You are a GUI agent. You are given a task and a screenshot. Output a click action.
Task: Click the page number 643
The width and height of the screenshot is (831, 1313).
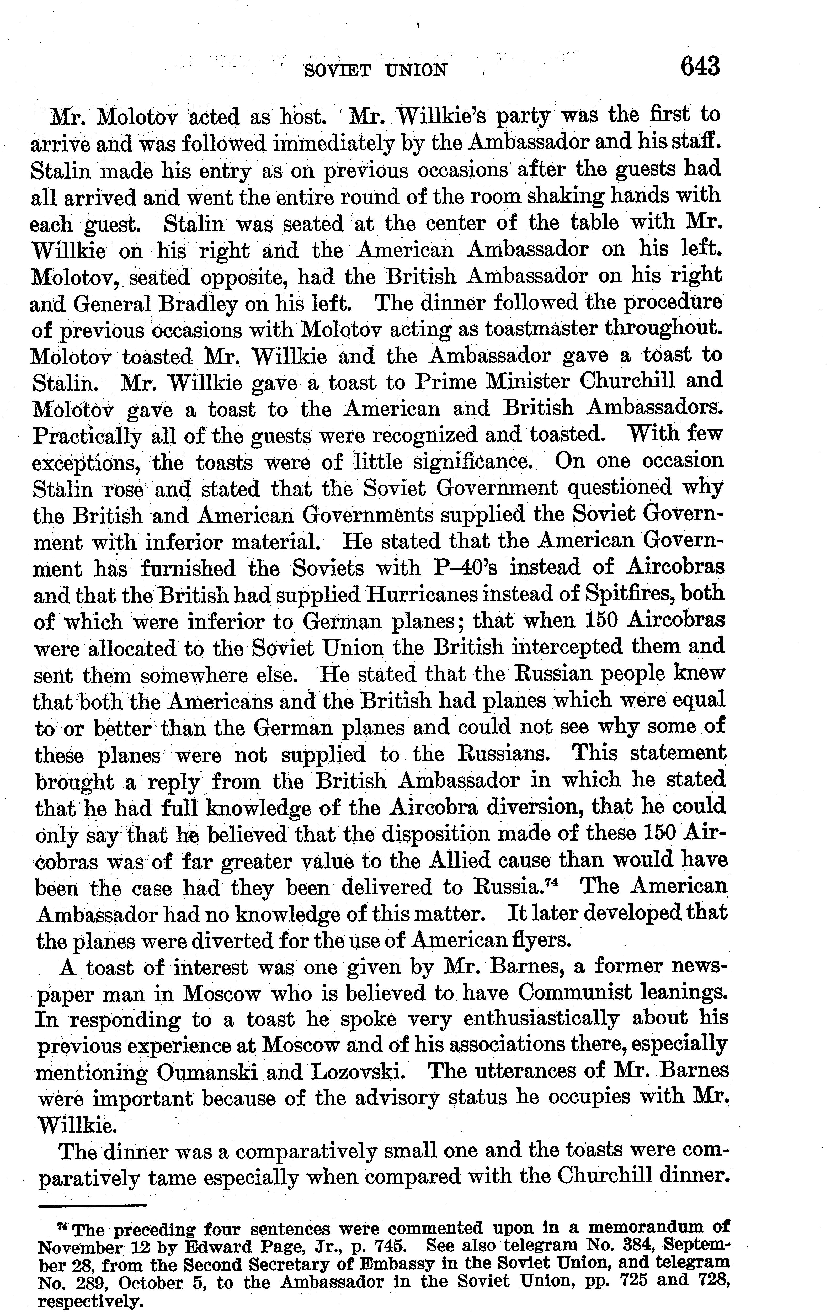[x=700, y=68]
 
